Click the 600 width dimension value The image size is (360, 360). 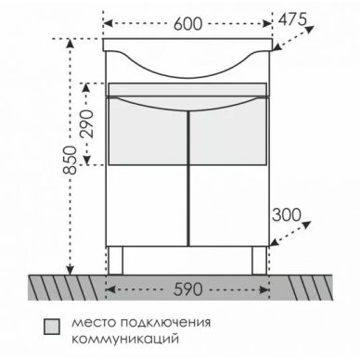pos(187,24)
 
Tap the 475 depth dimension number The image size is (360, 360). pos(292,19)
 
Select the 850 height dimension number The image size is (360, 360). pos(71,161)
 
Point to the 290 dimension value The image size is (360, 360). pos(87,124)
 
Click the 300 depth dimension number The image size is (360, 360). pos(287,214)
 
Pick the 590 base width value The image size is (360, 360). pos(187,289)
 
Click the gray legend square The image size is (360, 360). pos(52,327)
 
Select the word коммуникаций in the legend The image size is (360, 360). pos(125,339)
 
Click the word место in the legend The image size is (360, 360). pos(94,323)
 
